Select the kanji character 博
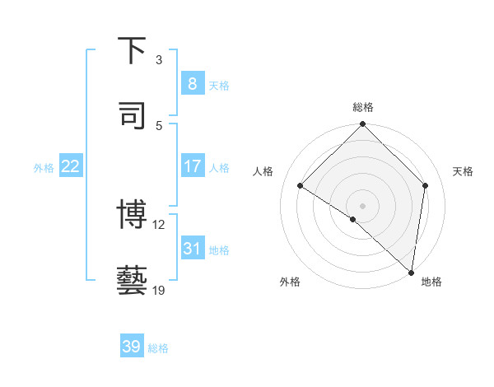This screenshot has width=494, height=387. click(x=132, y=215)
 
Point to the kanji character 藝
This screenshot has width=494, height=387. click(x=132, y=280)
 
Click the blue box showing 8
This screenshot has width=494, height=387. click(x=192, y=83)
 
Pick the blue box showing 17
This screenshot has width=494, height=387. click(x=192, y=166)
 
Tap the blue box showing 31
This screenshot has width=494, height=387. click(x=192, y=248)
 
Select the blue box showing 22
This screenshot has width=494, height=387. click(x=71, y=166)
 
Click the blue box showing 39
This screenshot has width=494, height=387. click(x=132, y=347)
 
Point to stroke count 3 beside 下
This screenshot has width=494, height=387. click(x=159, y=60)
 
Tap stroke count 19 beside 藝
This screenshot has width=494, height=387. click(x=158, y=290)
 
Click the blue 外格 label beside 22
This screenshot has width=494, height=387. click(x=44, y=167)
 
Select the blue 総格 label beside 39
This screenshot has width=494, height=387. click(x=158, y=347)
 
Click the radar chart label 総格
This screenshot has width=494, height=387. click(x=362, y=107)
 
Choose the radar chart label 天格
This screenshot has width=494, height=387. click(x=463, y=171)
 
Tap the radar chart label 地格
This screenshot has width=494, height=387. click(x=431, y=282)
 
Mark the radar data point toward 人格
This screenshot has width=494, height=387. click(x=301, y=186)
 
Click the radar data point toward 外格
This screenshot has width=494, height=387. click(x=353, y=219)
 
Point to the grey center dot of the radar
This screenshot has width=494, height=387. click(x=362, y=205)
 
